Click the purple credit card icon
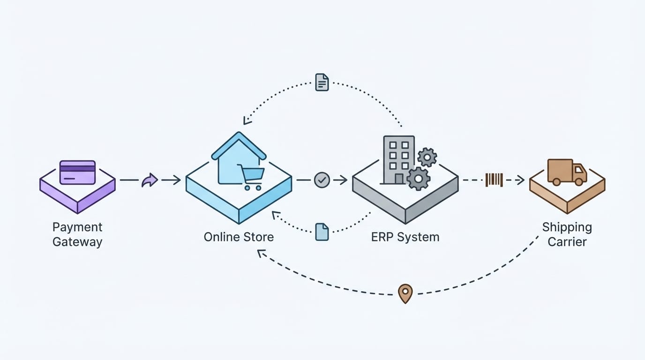pyautogui.click(x=78, y=172)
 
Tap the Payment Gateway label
pyautogui.click(x=77, y=234)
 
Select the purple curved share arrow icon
pyautogui.click(x=150, y=180)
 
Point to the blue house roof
pyautogui.click(x=239, y=145)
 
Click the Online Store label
pyautogui.click(x=239, y=237)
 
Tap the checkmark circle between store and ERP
pyautogui.click(x=322, y=180)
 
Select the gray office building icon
pyautogui.click(x=398, y=159)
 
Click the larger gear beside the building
pyautogui.click(x=418, y=179)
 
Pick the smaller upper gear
pyautogui.click(x=427, y=157)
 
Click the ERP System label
pyautogui.click(x=405, y=237)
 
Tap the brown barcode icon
pyautogui.click(x=494, y=180)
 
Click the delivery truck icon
pyautogui.click(x=567, y=172)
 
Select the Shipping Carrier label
pyautogui.click(x=567, y=234)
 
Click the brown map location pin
pyautogui.click(x=405, y=293)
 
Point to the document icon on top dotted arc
pyautogui.click(x=322, y=82)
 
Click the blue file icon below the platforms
pyautogui.click(x=322, y=232)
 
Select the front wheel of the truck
pyautogui.click(x=580, y=182)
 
